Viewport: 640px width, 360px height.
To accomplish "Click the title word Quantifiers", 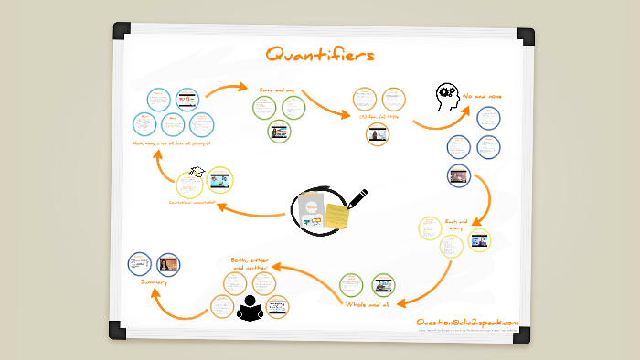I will coord(319,56).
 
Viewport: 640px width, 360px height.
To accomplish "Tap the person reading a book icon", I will coord(250,307).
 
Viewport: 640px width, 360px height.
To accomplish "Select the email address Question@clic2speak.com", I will coord(466,322).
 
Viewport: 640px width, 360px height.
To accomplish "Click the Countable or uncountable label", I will coord(197,202).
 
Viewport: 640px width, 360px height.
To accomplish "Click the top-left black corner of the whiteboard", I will coord(122,31).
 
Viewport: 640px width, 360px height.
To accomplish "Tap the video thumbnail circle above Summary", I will coord(168,265).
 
